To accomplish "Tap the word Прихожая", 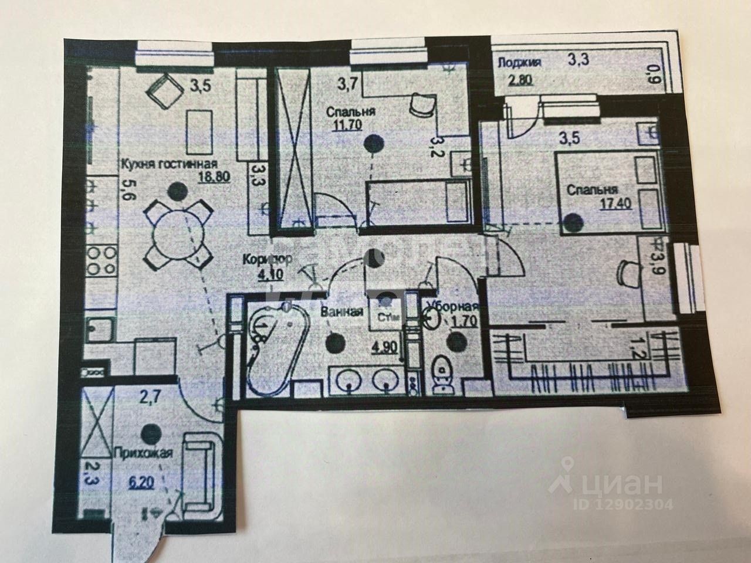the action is coord(144,453).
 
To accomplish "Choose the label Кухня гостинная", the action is coord(170,164).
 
